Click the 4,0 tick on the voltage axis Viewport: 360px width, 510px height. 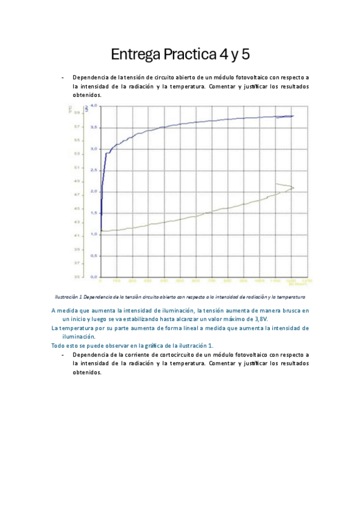tap(93, 106)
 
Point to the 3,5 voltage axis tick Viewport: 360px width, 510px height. tap(93, 127)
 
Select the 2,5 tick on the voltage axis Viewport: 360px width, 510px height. tap(93, 170)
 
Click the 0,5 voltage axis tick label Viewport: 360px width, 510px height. tap(93, 256)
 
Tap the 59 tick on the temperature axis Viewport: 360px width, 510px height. tap(78, 112)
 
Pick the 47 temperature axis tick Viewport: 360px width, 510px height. tap(78, 195)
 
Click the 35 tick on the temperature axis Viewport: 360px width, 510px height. tap(78, 277)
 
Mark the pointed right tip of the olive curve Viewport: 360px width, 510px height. tap(294, 188)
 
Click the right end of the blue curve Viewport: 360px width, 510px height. tap(293, 116)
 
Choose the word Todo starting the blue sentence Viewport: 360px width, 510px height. tap(58, 346)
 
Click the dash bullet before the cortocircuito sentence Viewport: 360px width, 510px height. tap(62, 355)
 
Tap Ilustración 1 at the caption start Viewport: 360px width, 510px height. tap(69, 297)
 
